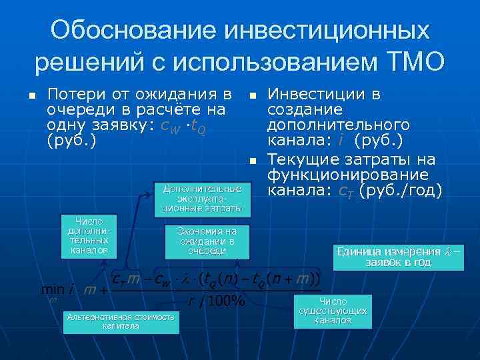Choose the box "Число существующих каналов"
tap(332, 311)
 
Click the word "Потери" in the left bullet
tap(71, 94)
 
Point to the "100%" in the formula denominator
tap(225, 301)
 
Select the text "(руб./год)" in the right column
tap(401, 191)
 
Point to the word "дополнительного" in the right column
tap(338, 125)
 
